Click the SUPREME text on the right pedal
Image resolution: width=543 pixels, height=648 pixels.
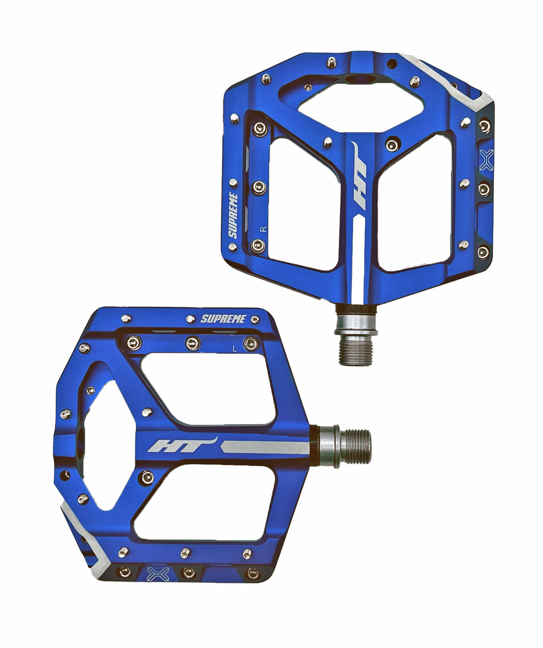pyautogui.click(x=233, y=215)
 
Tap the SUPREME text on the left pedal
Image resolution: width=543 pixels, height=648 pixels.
pyautogui.click(x=223, y=319)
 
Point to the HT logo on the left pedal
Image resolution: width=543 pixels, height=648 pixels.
pyautogui.click(x=182, y=444)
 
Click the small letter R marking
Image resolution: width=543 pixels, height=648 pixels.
pyautogui.click(x=263, y=229)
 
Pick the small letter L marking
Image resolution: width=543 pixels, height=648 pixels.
pyautogui.click(x=235, y=349)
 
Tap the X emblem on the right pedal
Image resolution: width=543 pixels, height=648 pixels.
pyautogui.click(x=486, y=161)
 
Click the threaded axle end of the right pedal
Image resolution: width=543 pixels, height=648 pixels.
pyautogui.click(x=356, y=352)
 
